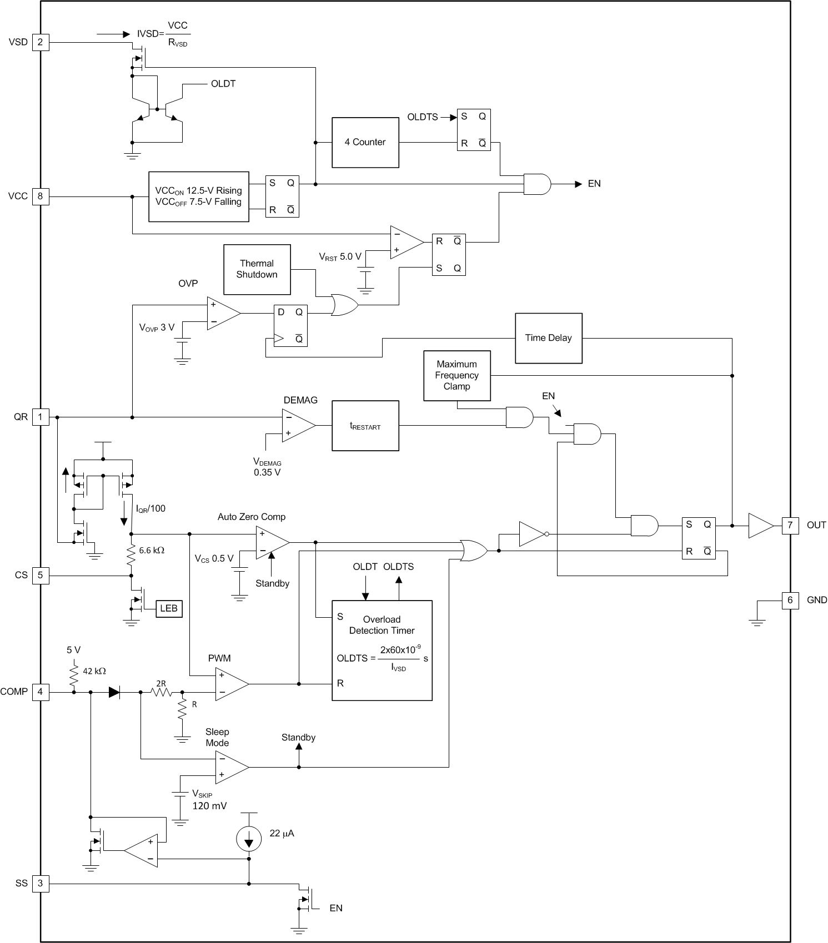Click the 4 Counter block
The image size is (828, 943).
tap(365, 142)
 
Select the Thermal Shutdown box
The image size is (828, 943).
tap(257, 269)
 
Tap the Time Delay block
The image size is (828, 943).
tap(548, 338)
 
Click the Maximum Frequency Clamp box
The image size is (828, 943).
tap(456, 375)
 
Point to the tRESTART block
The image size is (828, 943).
tap(365, 426)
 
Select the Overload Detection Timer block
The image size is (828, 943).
tap(382, 650)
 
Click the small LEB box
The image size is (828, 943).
tap(168, 608)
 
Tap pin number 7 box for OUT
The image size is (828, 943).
tap(790, 525)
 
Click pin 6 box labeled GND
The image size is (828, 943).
tap(790, 600)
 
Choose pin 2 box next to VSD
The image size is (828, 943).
tap(40, 42)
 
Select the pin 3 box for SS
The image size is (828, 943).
tap(40, 883)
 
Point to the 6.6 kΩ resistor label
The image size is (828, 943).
tap(152, 550)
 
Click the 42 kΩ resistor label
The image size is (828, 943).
tap(94, 671)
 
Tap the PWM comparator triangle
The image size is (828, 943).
tap(230, 684)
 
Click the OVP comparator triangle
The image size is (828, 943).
tap(222, 314)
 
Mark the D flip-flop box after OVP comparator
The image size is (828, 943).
tap(290, 326)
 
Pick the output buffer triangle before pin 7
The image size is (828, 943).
tap(759, 525)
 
